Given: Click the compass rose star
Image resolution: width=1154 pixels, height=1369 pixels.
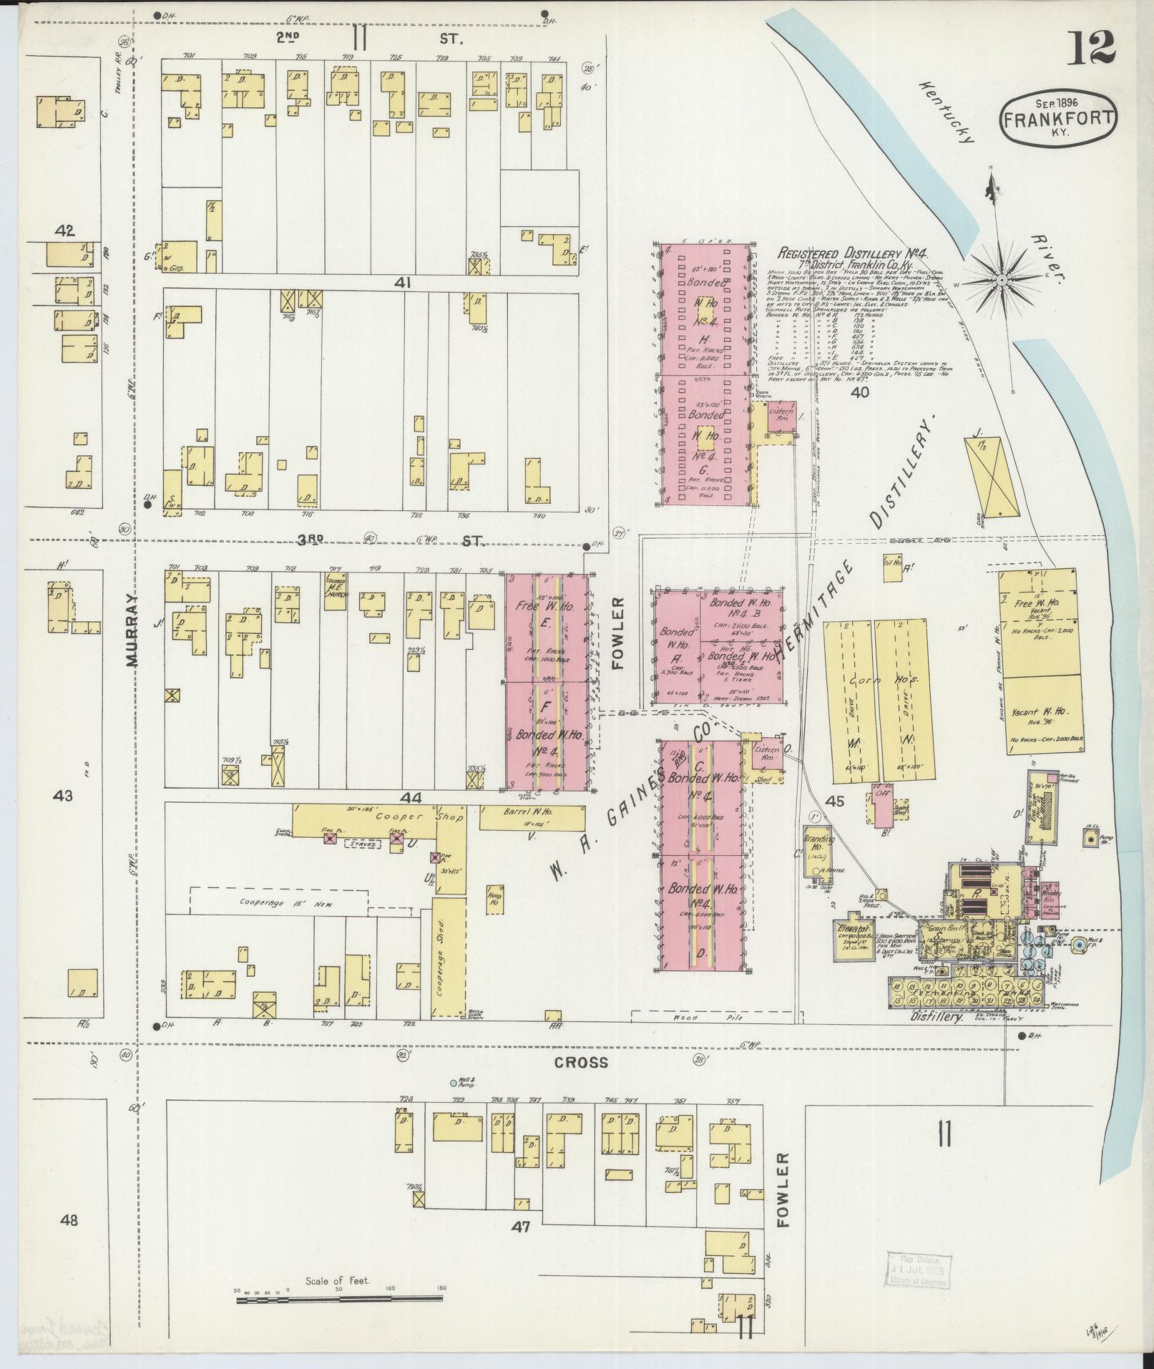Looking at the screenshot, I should point(1001,278).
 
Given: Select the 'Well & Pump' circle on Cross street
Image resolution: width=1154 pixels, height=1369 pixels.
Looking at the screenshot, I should point(453,1103).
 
